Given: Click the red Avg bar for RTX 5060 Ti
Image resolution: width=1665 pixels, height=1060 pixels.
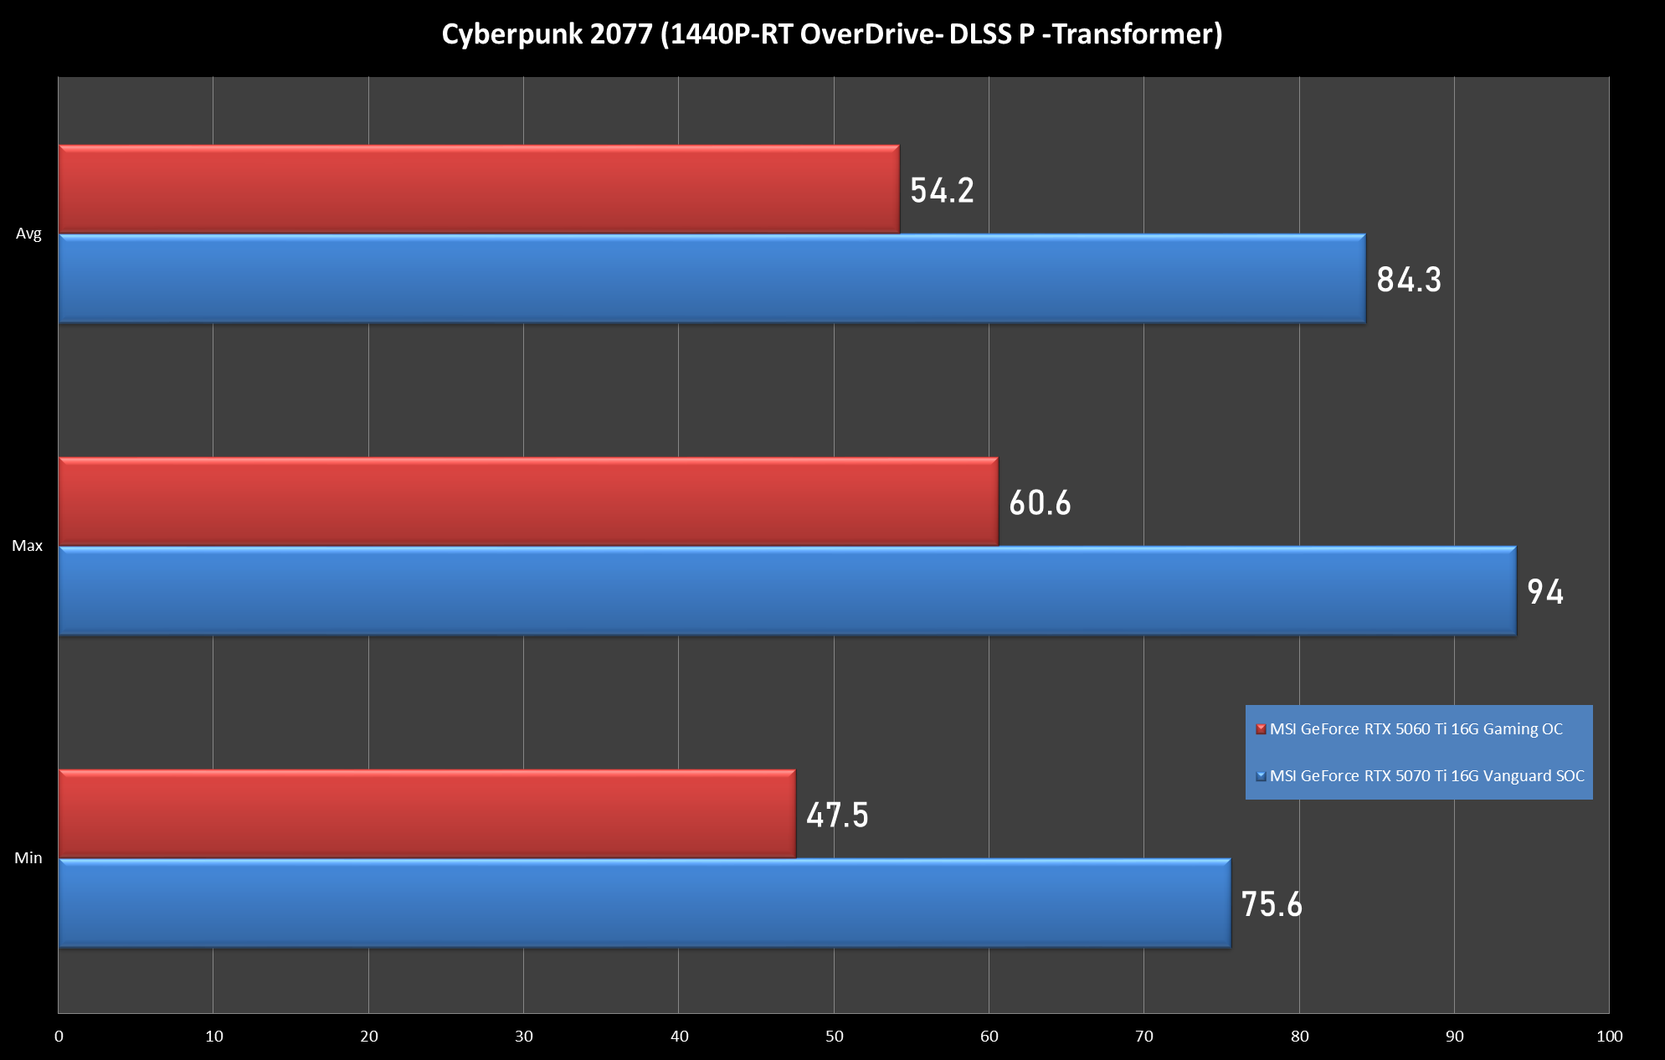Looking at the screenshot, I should tap(479, 189).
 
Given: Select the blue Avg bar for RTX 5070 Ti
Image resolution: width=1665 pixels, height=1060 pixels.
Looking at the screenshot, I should tap(712, 279).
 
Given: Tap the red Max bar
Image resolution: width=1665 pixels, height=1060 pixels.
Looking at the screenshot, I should tap(528, 502).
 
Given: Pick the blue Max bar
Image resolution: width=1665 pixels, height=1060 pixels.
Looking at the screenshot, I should tap(787, 591).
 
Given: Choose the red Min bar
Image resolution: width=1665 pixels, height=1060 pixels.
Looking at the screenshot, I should tap(427, 814).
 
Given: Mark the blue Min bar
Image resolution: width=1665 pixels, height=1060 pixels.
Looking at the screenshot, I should tap(645, 903).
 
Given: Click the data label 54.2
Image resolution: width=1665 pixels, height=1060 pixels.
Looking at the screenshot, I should tap(942, 191).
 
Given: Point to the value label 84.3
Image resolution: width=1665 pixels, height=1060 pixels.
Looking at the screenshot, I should tap(1409, 280).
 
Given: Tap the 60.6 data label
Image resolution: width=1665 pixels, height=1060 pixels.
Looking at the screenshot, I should tap(1040, 503).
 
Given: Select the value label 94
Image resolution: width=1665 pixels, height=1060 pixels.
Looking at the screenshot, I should tap(1544, 592).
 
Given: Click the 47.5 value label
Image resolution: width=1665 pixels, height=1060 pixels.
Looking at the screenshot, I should tap(837, 816).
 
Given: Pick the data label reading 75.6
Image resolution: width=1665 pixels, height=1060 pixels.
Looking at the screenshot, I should tap(1272, 905).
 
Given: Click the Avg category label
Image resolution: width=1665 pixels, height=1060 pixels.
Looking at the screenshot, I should tap(28, 234).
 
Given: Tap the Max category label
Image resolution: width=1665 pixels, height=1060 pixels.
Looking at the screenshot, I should tap(27, 546).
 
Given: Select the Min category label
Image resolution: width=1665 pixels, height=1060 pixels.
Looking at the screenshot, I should tap(28, 858).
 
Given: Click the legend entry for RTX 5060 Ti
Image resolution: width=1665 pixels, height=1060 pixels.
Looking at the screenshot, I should tap(1415, 729).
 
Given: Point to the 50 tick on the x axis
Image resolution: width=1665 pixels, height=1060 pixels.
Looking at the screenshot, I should tap(834, 1037).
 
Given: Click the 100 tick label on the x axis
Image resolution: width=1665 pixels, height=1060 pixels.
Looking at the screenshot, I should tap(1609, 1037).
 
